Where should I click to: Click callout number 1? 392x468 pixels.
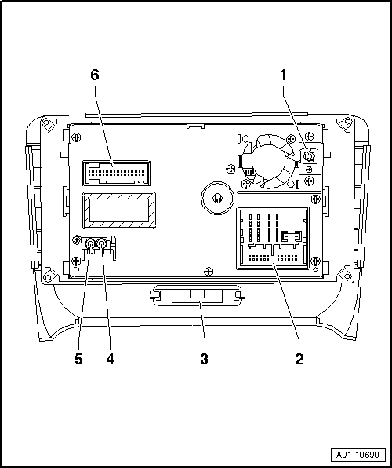tap(283, 75)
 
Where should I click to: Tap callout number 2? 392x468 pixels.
tap(299, 359)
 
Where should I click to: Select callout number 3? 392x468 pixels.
tap(204, 359)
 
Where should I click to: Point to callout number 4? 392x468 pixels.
tap(111, 359)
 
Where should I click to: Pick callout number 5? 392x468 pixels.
tap(78, 359)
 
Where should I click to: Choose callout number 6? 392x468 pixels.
tap(95, 75)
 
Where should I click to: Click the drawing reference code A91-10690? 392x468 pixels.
tap(358, 455)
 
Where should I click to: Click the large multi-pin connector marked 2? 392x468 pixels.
tap(273, 238)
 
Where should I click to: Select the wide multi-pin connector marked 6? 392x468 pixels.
tap(116, 173)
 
